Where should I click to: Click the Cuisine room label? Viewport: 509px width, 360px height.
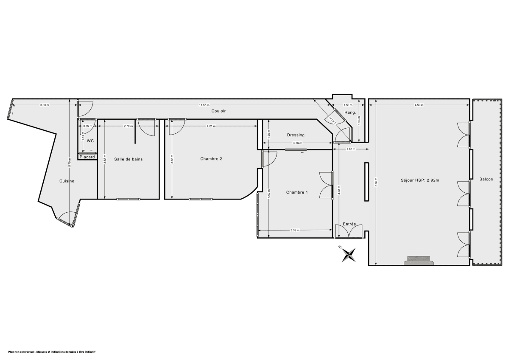click(67, 181)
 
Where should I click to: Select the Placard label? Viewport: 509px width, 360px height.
click(87, 157)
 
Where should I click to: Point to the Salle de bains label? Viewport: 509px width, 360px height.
click(128, 159)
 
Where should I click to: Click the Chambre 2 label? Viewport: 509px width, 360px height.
click(211, 159)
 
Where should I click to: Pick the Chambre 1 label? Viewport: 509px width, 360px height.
click(297, 192)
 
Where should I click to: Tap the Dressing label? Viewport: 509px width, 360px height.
click(296, 135)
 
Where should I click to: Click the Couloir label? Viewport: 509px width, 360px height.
click(218, 111)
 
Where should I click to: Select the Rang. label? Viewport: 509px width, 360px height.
click(350, 112)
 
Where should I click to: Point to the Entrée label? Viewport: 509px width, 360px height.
click(349, 224)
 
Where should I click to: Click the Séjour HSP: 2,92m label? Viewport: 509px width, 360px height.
click(420, 180)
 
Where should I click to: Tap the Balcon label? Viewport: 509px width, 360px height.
click(486, 179)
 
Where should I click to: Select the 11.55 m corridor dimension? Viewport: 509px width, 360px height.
click(205, 105)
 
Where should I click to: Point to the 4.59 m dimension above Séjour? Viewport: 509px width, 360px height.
click(419, 105)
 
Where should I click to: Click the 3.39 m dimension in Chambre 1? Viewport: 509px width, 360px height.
click(295, 230)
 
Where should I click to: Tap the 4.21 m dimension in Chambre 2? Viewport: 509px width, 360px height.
click(211, 126)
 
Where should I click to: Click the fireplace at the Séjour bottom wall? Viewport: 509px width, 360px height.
click(419, 260)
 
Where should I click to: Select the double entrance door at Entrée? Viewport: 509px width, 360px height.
click(349, 232)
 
